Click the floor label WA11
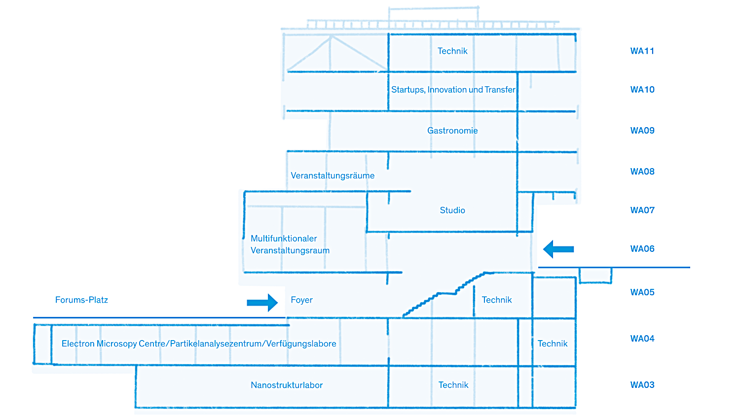coord(642,51)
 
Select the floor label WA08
coord(642,172)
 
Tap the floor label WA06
coord(642,249)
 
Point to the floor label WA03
coord(642,385)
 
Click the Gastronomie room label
coord(452,131)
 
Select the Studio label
coord(452,210)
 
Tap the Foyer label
coord(301,300)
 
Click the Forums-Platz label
coord(81,300)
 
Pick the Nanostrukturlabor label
coord(287,385)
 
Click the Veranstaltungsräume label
coord(333,176)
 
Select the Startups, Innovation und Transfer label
coord(453,90)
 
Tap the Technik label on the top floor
coord(452,51)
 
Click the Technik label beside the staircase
coord(497,300)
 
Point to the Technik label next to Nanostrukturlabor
coord(453,385)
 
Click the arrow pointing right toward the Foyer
coord(262,303)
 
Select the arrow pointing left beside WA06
coord(558,249)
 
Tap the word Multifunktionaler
coord(284,239)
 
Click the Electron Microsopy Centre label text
coord(199,344)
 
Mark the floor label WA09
coord(642,131)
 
